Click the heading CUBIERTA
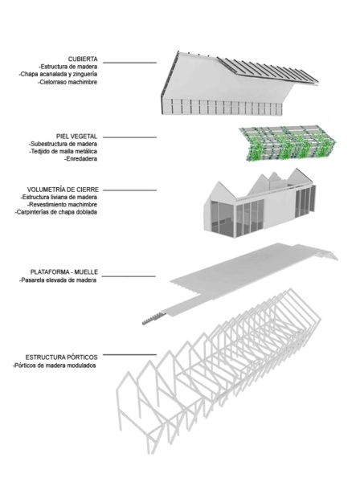point(83,59)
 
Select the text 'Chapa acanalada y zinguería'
point(58,74)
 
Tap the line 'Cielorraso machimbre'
point(68,82)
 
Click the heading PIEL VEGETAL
point(76,137)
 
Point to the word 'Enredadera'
point(81,159)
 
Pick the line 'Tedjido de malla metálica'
point(63,151)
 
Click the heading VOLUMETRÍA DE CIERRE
point(63,190)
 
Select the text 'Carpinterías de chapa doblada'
point(56,212)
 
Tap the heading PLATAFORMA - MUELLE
point(64,272)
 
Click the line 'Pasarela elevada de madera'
point(58,280)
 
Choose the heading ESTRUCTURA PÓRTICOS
point(62,357)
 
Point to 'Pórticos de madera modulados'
point(55,366)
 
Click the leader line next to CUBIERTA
point(129,63)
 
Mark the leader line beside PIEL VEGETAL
point(129,137)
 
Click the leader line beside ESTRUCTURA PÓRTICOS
point(129,355)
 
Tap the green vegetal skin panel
point(288,143)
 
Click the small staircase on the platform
point(153,317)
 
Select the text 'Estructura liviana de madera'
point(59,197)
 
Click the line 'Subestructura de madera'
point(63,144)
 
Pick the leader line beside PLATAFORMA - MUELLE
point(129,276)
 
